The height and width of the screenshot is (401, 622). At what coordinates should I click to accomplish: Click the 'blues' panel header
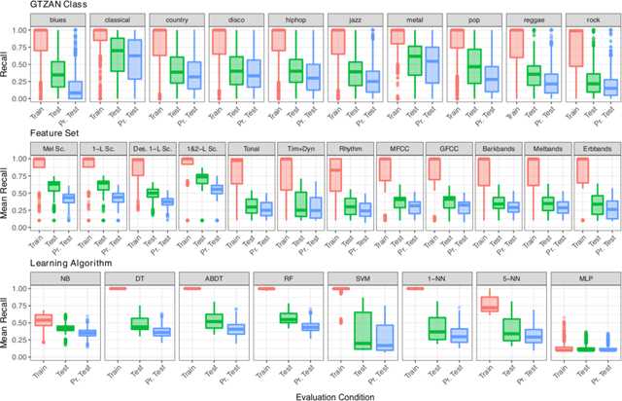58,18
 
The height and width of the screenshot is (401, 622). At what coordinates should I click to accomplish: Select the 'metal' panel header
412,18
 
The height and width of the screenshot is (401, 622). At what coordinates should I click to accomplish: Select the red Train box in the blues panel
41,40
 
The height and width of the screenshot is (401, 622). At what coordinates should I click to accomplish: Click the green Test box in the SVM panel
362,329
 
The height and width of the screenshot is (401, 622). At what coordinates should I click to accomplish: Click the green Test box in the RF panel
288,318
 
